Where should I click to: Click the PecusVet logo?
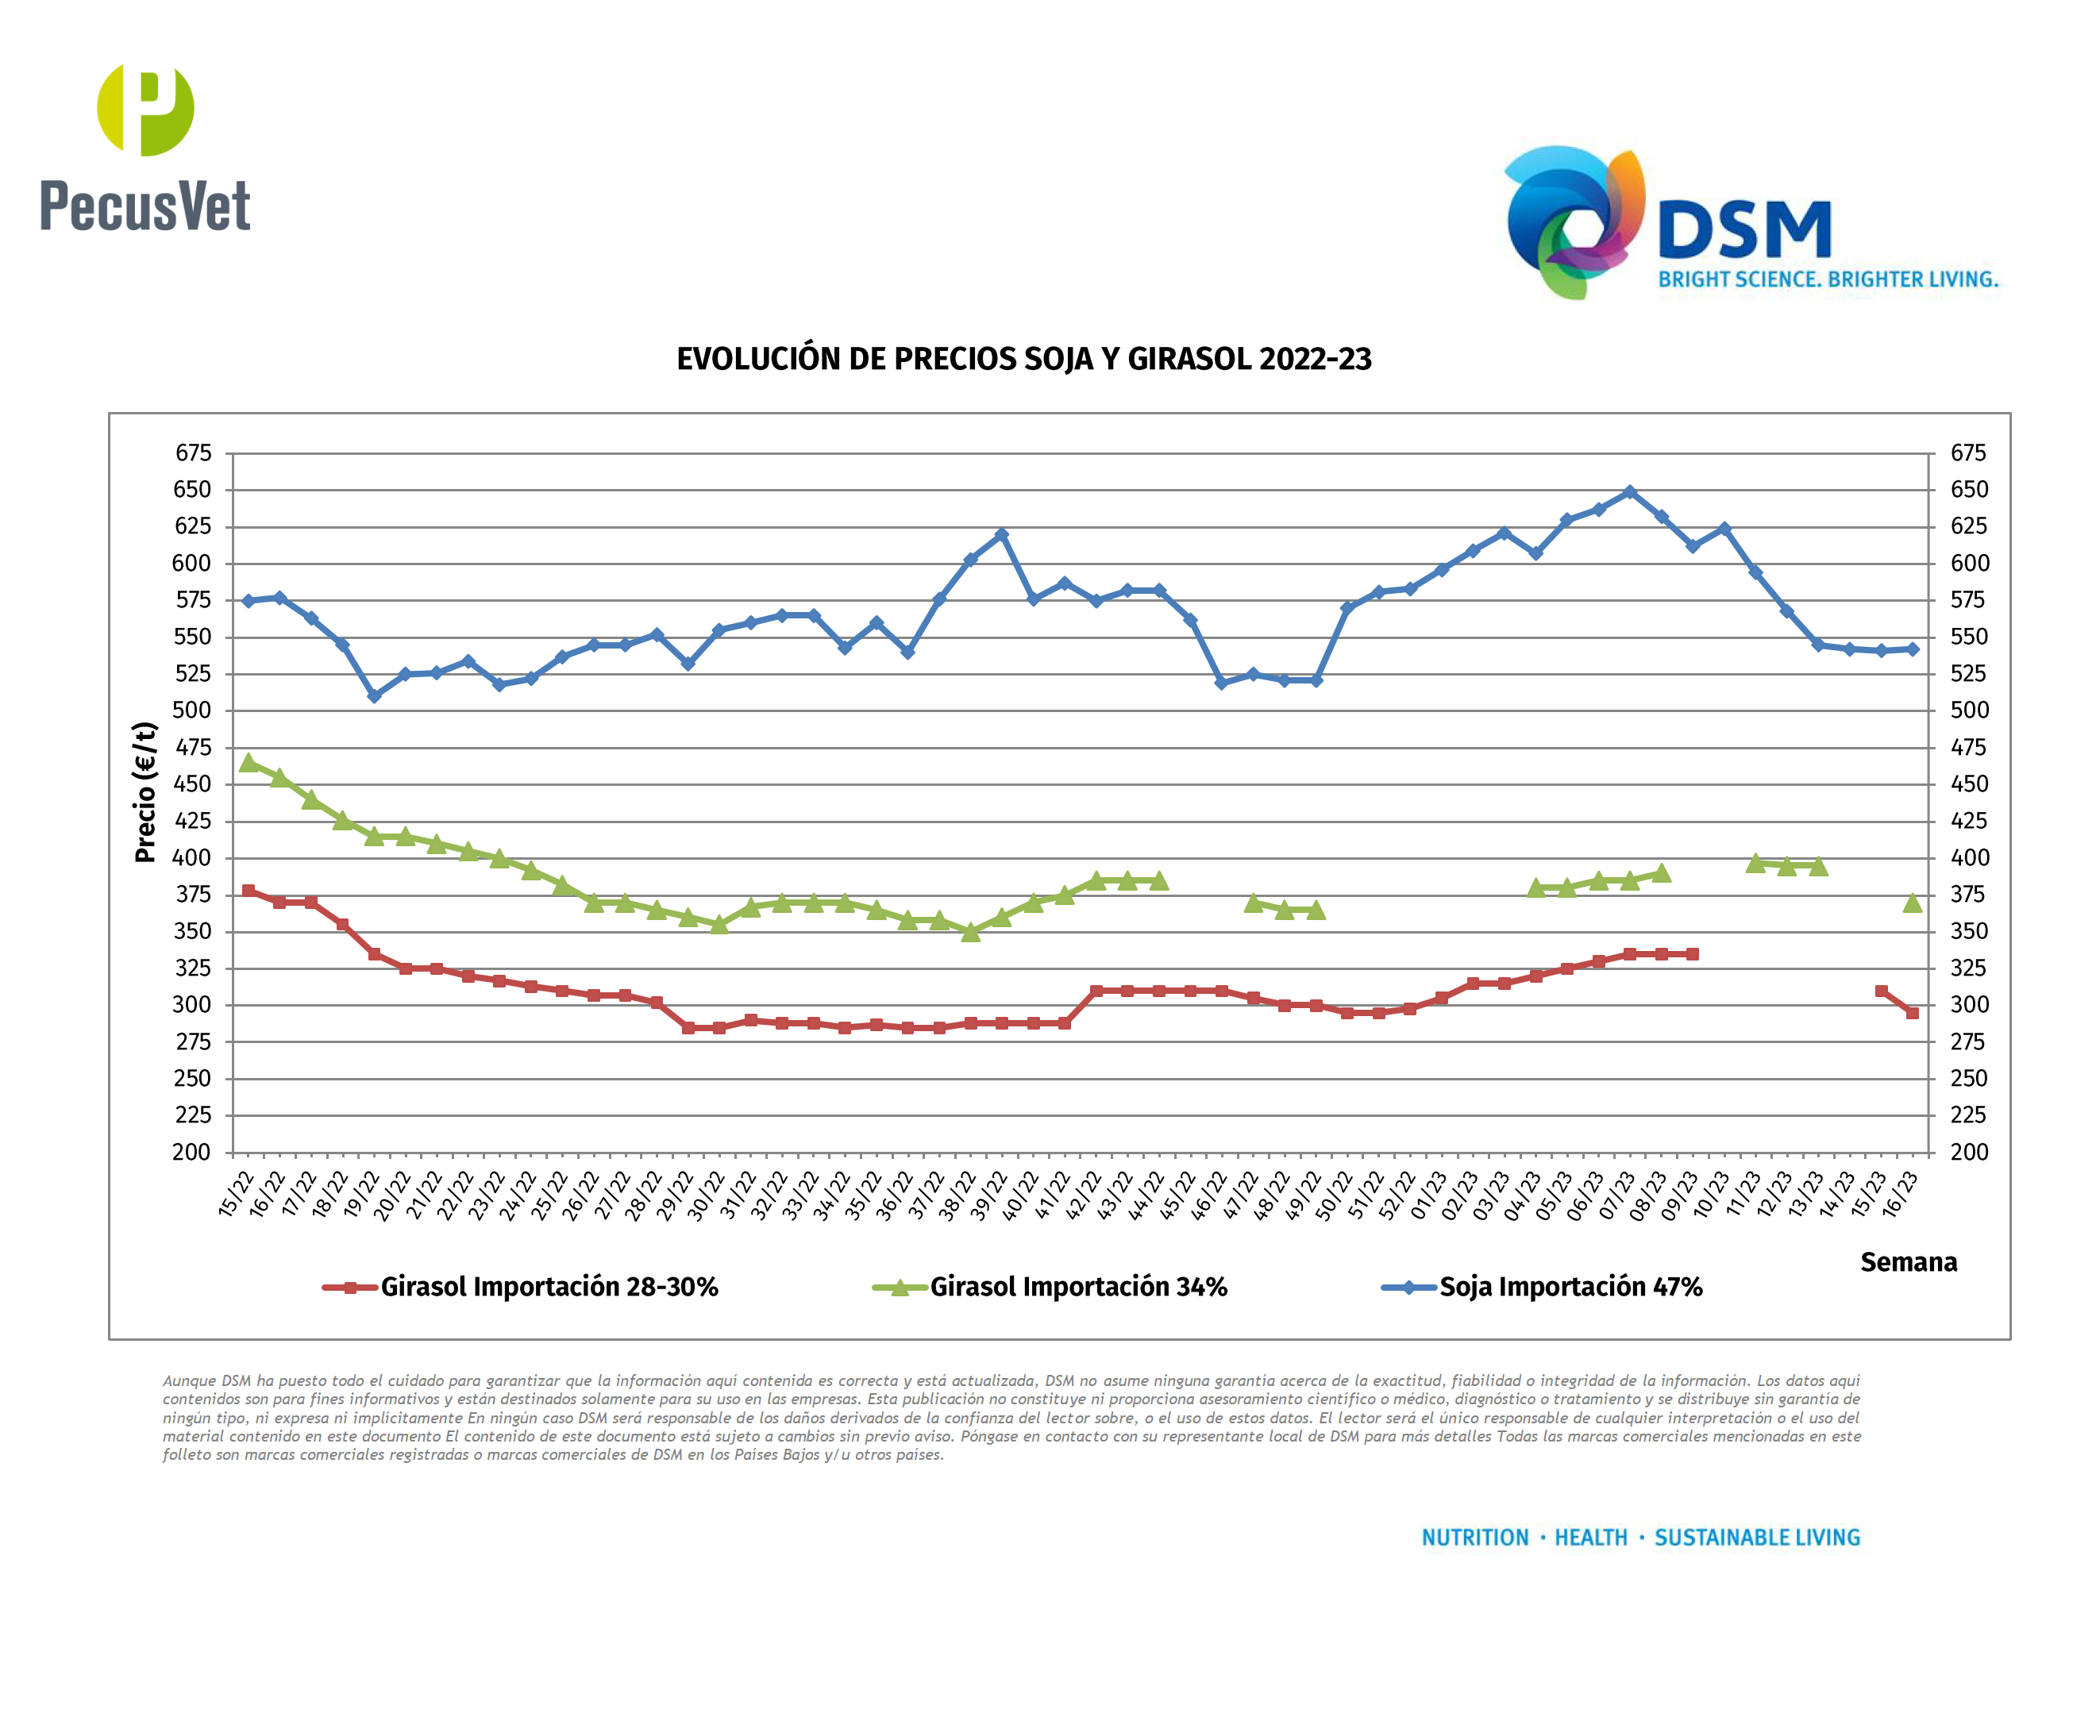click(x=144, y=148)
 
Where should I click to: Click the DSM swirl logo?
click(x=1574, y=222)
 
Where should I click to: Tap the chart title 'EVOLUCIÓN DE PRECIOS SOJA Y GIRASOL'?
click(x=1023, y=359)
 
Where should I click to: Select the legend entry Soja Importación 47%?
click(x=1570, y=1287)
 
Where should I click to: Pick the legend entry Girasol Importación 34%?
click(x=1077, y=1287)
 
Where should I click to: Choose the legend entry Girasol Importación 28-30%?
click(x=549, y=1287)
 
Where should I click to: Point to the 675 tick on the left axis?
click(x=194, y=453)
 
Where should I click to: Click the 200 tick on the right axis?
click(x=1968, y=1152)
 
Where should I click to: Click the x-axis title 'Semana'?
click(x=1908, y=1262)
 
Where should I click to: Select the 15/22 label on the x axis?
click(x=236, y=1195)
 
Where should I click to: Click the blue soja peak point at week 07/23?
click(x=1630, y=491)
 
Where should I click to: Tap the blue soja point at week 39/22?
click(x=1001, y=534)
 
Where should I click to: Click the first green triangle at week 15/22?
click(x=249, y=762)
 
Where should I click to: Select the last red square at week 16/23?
click(x=1913, y=1013)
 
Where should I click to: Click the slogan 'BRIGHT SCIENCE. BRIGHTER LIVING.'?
click(x=1828, y=279)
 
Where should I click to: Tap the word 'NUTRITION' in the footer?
click(x=1474, y=1538)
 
